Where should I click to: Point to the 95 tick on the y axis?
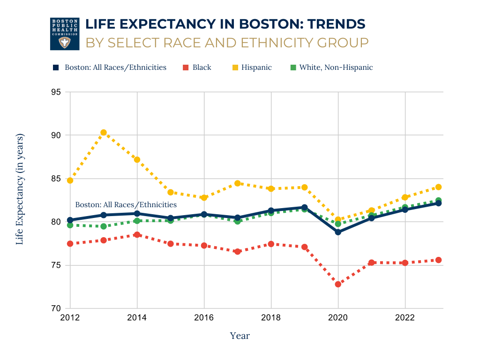coord(56,92)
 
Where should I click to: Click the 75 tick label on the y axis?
coord(56,265)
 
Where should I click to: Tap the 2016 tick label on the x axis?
coord(204,318)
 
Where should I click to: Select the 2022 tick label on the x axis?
coord(405,318)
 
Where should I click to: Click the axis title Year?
coord(240,336)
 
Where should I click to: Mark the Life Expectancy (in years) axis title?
coord(20,189)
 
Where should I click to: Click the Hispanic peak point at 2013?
coord(104,133)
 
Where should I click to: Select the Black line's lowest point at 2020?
coord(338,284)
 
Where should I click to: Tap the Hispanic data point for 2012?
coord(70,180)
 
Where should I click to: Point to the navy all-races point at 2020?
coord(338,232)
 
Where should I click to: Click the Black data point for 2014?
coord(137,235)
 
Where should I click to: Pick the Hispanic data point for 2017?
coord(238,183)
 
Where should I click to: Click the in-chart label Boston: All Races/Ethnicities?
coord(126,205)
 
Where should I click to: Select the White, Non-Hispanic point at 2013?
coord(104,226)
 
